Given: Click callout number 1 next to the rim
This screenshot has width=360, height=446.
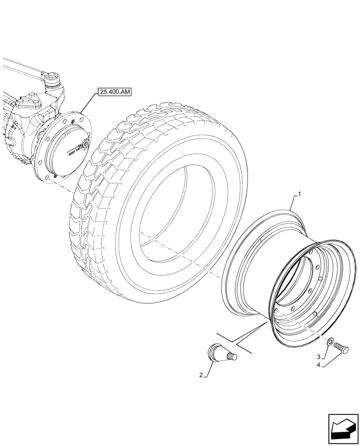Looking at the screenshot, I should pyautogui.click(x=299, y=194).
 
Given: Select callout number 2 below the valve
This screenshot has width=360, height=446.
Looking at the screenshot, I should pyautogui.click(x=202, y=376).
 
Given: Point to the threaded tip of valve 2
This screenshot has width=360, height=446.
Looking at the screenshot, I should pyautogui.click(x=232, y=356).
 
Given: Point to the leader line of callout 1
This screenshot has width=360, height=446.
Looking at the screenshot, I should pyautogui.click(x=294, y=203).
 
